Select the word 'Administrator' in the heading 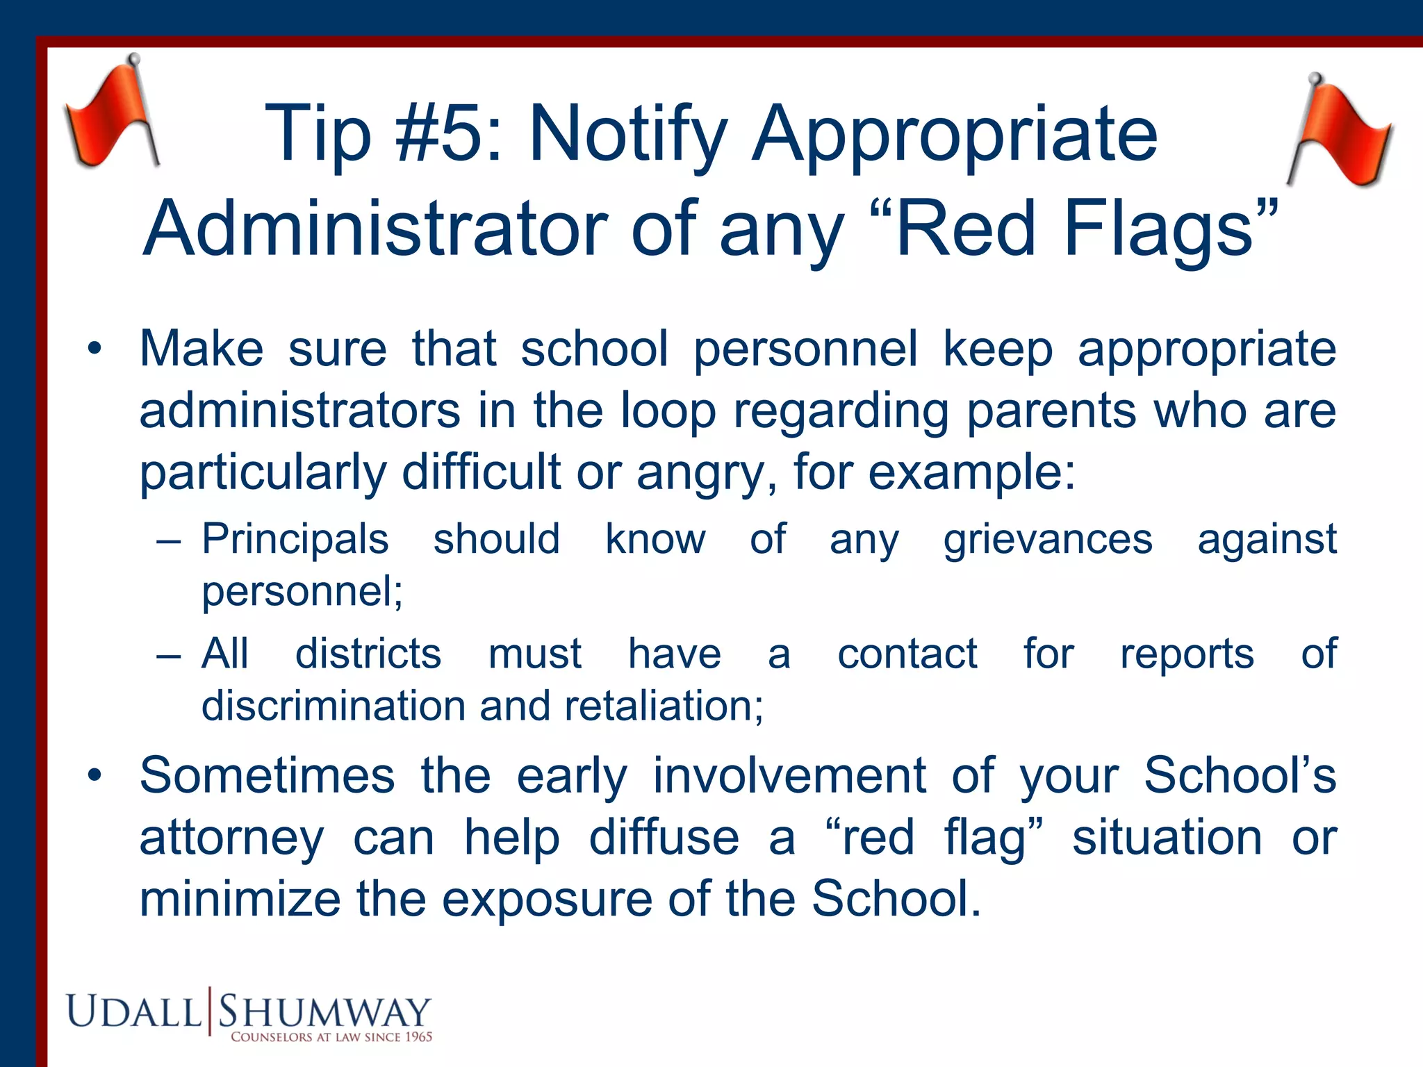375,229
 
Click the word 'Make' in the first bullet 201,349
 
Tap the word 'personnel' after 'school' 806,349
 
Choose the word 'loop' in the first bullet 668,411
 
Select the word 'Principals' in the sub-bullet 295,539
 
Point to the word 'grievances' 1048,540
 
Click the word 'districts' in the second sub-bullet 368,654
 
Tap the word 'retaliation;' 664,706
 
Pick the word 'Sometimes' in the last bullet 268,775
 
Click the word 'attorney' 231,838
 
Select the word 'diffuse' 664,837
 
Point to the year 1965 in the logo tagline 418,1037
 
